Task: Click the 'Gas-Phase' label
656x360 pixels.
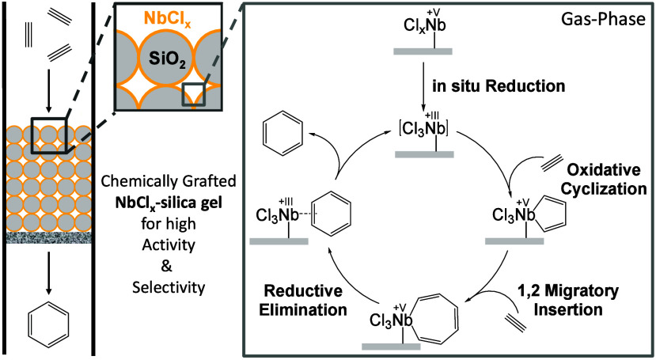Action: coord(604,18)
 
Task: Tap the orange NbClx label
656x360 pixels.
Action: coord(167,19)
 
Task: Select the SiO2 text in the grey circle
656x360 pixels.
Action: coord(167,62)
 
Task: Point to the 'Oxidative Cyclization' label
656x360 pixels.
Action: coord(604,180)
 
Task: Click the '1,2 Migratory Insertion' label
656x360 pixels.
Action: coord(567,300)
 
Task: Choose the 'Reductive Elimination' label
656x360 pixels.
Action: coord(303,300)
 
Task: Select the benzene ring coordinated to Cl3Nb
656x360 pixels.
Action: coord(331,214)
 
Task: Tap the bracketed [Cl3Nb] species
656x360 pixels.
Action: coord(423,126)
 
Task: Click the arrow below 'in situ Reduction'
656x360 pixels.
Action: coord(424,85)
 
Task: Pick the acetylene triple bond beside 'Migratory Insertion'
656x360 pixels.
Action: coord(515,323)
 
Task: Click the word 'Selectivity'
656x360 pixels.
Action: coord(169,287)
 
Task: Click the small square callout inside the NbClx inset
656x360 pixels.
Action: coord(194,93)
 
